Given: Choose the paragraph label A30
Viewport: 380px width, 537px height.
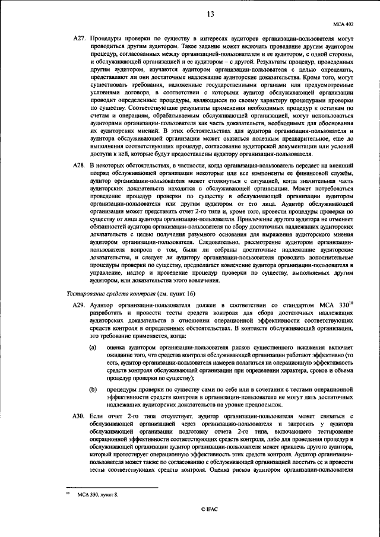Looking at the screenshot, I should click(79, 416).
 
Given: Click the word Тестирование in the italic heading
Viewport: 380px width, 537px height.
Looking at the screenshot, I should click(84, 293).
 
